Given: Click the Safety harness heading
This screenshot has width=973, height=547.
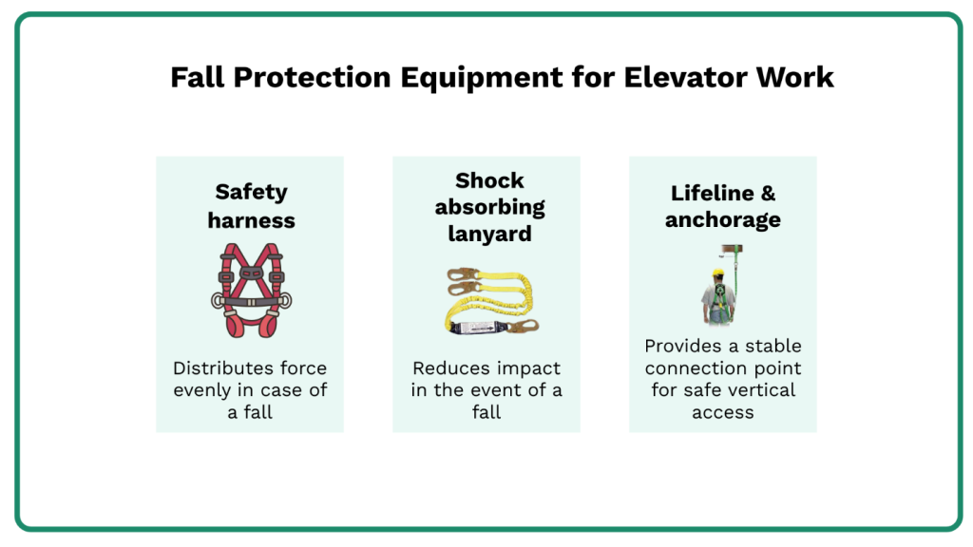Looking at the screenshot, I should tap(251, 206).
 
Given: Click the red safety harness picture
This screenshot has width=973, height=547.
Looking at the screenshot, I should tap(250, 291).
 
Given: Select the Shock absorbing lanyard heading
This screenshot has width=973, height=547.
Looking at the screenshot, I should tap(488, 206).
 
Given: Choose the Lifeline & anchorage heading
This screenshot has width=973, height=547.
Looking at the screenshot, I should tap(722, 206).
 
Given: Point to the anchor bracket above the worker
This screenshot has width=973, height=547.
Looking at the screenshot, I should tap(731, 252).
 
